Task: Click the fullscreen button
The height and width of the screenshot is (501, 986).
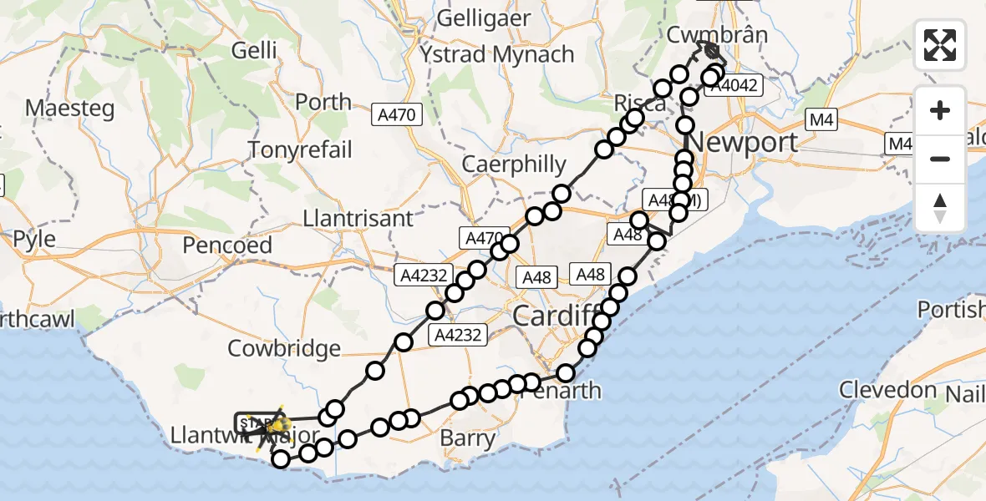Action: tap(940, 44)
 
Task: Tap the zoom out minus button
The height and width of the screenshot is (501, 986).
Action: tap(940, 159)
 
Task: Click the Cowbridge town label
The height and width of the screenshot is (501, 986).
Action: tap(297, 348)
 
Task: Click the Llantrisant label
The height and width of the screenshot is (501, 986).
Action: tap(358, 219)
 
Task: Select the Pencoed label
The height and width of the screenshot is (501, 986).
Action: tap(227, 245)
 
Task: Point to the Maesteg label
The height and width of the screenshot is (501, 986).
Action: tap(64, 108)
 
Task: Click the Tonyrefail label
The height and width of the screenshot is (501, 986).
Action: tap(301, 150)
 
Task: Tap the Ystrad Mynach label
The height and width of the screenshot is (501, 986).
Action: tap(497, 55)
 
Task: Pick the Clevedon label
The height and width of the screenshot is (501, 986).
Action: tap(887, 390)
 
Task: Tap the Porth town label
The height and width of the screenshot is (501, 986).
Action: tap(323, 102)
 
